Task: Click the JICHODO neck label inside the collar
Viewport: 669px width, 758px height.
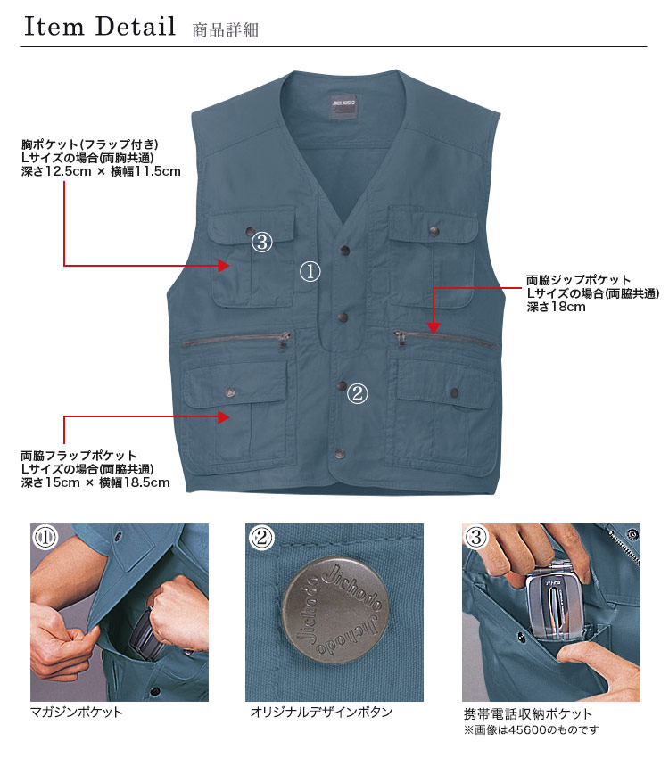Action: click(343, 107)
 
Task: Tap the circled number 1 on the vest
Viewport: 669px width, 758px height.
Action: click(310, 272)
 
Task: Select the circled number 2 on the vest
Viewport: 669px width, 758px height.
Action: click(358, 393)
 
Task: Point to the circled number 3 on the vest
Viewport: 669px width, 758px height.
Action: click(262, 242)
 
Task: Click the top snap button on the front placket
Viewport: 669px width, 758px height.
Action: click(345, 250)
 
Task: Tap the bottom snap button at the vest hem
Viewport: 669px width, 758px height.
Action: click(340, 454)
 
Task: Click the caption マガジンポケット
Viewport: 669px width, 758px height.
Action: click(77, 713)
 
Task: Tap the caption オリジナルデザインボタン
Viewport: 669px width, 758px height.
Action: click(321, 713)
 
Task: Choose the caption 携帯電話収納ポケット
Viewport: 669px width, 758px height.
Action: click(528, 713)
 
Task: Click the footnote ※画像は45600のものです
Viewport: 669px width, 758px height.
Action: click(532, 729)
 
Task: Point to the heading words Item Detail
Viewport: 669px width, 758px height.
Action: click(100, 26)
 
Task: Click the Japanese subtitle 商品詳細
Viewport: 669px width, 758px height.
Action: click(226, 30)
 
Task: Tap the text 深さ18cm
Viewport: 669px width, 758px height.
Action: click(556, 307)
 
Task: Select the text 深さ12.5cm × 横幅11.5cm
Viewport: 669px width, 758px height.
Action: click(101, 171)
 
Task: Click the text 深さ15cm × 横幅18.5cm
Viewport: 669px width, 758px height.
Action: click(95, 482)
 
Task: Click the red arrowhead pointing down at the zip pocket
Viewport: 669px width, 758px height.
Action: click(434, 328)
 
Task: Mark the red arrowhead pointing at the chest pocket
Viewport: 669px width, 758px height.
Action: click(223, 266)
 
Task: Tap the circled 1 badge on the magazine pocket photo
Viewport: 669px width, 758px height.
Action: click(45, 537)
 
